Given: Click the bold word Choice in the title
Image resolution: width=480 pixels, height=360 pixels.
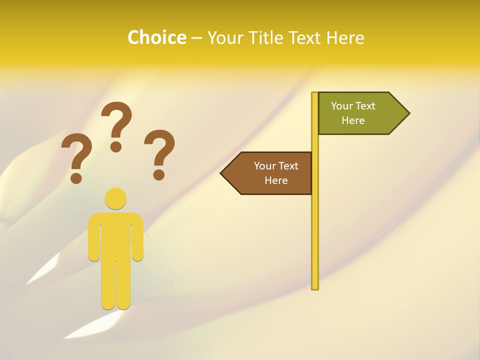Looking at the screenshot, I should click(x=156, y=37).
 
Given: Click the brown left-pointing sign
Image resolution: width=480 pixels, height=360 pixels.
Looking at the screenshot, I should click(x=270, y=173).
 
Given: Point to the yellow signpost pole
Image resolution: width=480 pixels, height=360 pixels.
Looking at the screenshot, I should click(x=315, y=225).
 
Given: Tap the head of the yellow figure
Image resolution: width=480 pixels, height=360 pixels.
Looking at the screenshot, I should click(x=115, y=198).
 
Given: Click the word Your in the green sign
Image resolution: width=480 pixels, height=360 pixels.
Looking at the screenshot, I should click(x=342, y=106).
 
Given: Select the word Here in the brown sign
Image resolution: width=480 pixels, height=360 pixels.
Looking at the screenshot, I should click(x=276, y=180).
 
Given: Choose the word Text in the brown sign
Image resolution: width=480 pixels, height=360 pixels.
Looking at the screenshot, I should click(x=288, y=166).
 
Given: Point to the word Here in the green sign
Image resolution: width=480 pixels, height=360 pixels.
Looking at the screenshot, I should click(x=353, y=120).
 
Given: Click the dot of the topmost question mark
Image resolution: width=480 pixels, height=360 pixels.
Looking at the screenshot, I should click(x=116, y=146).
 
